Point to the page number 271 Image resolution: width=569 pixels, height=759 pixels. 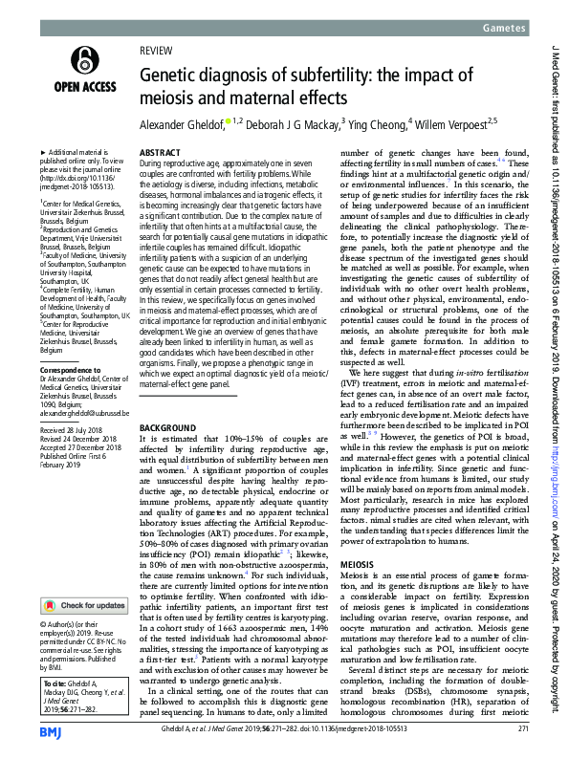pyautogui.click(x=522, y=729)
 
